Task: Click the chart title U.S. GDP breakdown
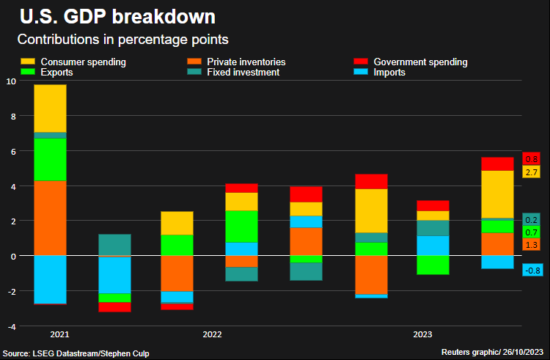click(117, 17)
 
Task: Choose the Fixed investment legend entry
click(243, 73)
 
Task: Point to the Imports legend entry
click(389, 73)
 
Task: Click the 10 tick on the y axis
click(10, 81)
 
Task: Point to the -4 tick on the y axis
click(10, 326)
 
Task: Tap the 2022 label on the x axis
click(212, 334)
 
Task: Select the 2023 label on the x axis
click(422, 334)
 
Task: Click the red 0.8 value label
click(532, 159)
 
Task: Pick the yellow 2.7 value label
click(532, 172)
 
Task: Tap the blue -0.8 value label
click(532, 271)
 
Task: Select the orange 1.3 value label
click(532, 244)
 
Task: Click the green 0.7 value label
click(532, 232)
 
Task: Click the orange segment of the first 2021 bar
click(50, 217)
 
